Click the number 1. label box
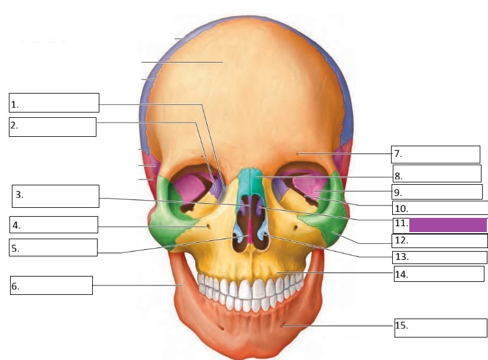tap(54, 102)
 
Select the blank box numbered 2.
tap(53, 127)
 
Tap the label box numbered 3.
tap(55, 196)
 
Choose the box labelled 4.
tap(53, 224)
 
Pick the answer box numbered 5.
tap(53, 247)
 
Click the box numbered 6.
tap(51, 285)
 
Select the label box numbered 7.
tap(435, 154)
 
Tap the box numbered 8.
tap(437, 173)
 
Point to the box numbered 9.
tap(437, 192)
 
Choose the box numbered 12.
tap(439, 240)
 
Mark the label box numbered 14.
tap(438, 274)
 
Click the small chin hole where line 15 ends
tap(283, 324)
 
